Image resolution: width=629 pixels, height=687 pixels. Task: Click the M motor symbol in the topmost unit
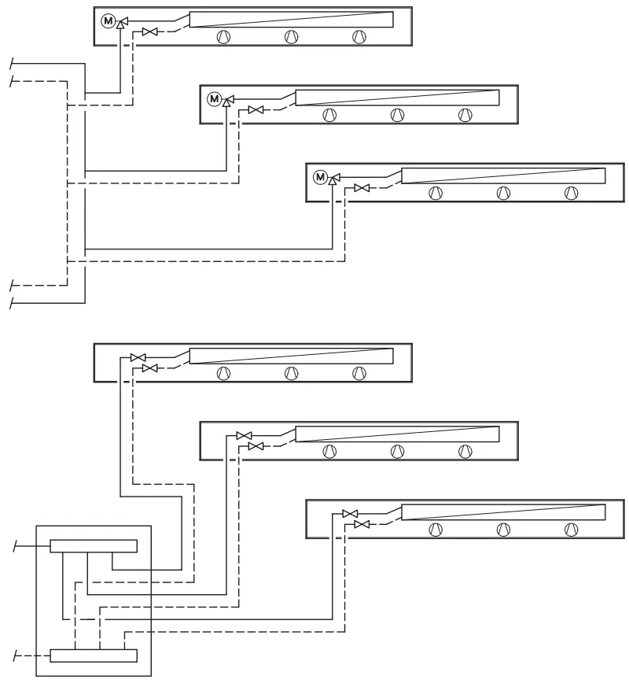click(x=109, y=20)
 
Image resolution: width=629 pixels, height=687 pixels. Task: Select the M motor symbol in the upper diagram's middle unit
click(x=214, y=99)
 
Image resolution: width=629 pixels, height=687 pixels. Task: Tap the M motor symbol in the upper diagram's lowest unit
click(x=321, y=177)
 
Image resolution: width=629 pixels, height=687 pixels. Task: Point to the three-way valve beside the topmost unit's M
click(x=121, y=21)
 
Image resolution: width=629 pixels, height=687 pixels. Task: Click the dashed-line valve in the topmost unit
click(x=149, y=32)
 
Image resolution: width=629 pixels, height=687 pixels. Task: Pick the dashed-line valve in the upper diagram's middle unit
click(x=256, y=110)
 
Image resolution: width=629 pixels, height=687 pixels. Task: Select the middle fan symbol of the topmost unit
click(x=292, y=37)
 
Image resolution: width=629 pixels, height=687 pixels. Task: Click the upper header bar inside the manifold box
click(x=94, y=546)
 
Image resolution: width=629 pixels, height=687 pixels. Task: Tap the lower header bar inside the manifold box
click(x=94, y=656)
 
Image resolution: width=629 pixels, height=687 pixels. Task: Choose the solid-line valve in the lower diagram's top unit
click(x=138, y=358)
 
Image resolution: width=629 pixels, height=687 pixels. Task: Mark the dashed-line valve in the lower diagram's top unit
click(x=149, y=368)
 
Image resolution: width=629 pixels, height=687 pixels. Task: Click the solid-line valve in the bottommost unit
click(x=350, y=514)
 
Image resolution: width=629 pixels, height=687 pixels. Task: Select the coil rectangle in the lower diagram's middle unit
click(x=397, y=434)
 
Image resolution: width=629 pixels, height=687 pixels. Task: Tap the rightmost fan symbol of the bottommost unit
click(x=572, y=530)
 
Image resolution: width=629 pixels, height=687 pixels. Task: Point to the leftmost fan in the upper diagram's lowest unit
click(x=436, y=193)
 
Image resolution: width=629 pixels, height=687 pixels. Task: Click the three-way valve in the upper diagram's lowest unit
click(x=333, y=178)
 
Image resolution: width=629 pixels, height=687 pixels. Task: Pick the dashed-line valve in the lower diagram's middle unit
click(x=256, y=446)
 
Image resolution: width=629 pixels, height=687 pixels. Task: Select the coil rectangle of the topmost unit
click(x=291, y=20)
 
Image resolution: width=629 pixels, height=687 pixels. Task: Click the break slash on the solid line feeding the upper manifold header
click(x=16, y=546)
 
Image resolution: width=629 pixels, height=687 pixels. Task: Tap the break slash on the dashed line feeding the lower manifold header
click(x=16, y=656)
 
